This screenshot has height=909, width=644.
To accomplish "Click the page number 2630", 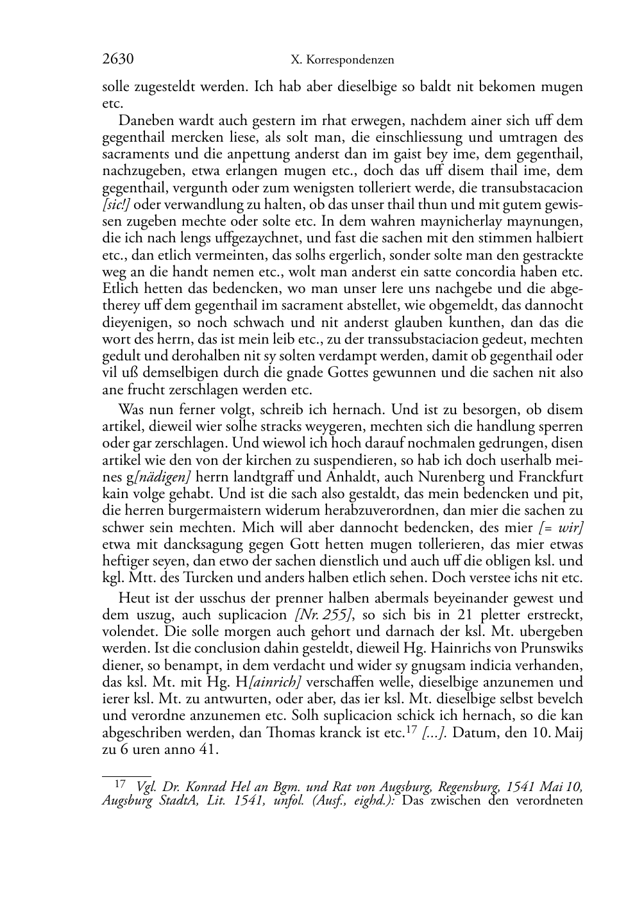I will (117, 60).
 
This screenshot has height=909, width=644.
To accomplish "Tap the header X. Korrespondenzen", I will (342, 60).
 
